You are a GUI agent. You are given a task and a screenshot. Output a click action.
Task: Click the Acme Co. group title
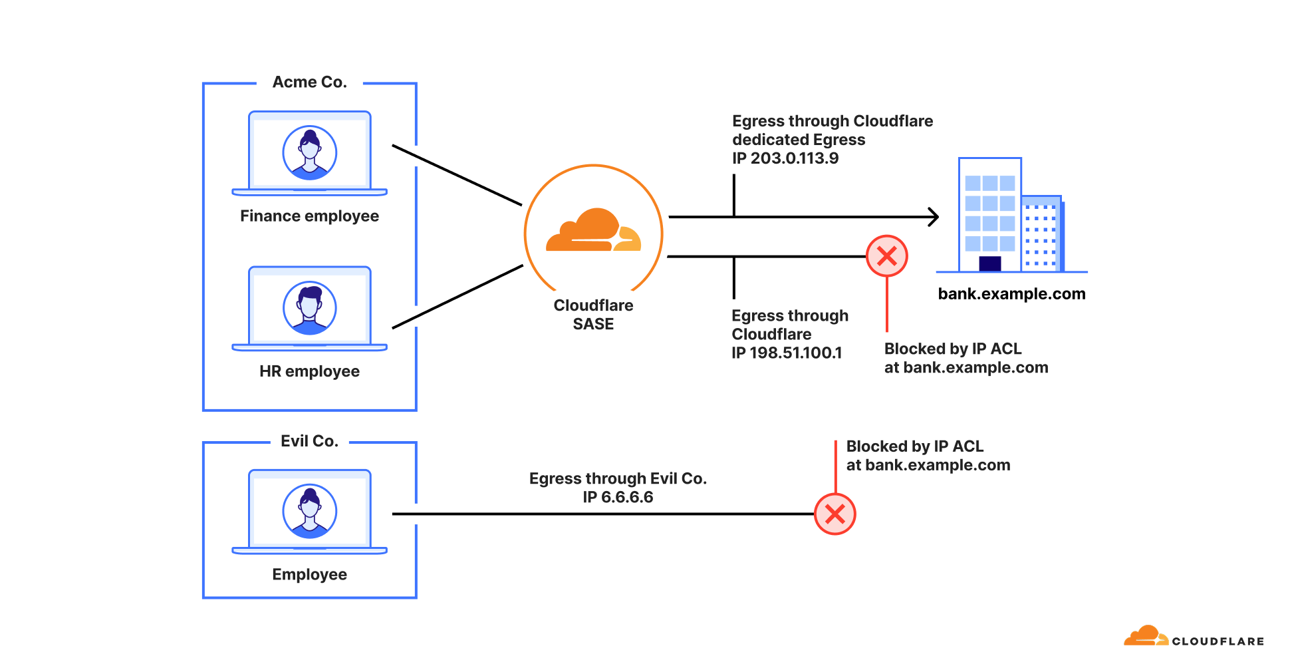coord(309,82)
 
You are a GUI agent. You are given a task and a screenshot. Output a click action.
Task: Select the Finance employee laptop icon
coord(309,154)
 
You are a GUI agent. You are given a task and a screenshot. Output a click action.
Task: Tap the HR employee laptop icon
coord(309,309)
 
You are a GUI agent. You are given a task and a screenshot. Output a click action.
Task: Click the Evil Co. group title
coord(309,441)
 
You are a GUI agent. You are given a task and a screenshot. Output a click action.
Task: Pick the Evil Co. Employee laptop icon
coord(309,512)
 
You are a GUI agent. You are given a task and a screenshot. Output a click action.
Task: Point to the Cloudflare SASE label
coord(593,315)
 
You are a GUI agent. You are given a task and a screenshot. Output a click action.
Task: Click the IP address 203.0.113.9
coord(795,158)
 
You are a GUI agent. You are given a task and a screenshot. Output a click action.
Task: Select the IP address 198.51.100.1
coord(795,353)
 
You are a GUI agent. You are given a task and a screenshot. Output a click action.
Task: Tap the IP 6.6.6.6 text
coord(618,497)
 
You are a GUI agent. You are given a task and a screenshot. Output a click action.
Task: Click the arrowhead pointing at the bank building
coord(934,217)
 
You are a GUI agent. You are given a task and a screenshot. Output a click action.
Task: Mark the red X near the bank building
coord(886,256)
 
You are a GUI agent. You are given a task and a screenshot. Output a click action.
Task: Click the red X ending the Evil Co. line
coord(835,514)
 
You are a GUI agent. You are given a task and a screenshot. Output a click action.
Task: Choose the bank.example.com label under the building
coord(1011,294)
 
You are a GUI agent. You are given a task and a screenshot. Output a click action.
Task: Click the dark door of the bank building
coord(989,263)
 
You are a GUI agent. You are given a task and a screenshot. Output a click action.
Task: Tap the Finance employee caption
coord(309,216)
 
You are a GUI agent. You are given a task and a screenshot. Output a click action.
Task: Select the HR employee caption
coord(309,371)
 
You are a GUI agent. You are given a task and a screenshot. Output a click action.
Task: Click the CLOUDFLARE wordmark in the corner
coord(1217,641)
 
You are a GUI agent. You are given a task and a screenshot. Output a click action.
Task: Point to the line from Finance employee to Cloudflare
coord(457,175)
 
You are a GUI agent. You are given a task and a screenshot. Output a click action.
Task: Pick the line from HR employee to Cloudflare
coord(457,297)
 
